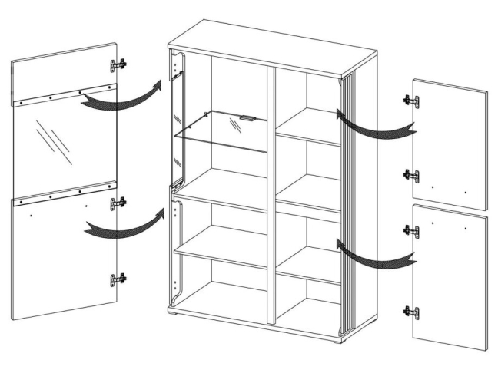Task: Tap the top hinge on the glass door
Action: [x=118, y=65]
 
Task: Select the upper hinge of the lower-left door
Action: [x=118, y=203]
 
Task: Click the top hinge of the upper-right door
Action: [x=411, y=101]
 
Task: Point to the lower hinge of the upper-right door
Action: [x=411, y=176]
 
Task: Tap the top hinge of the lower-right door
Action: [x=411, y=230]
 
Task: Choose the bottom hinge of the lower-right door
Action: [x=411, y=312]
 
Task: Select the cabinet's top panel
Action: [x=273, y=48]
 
